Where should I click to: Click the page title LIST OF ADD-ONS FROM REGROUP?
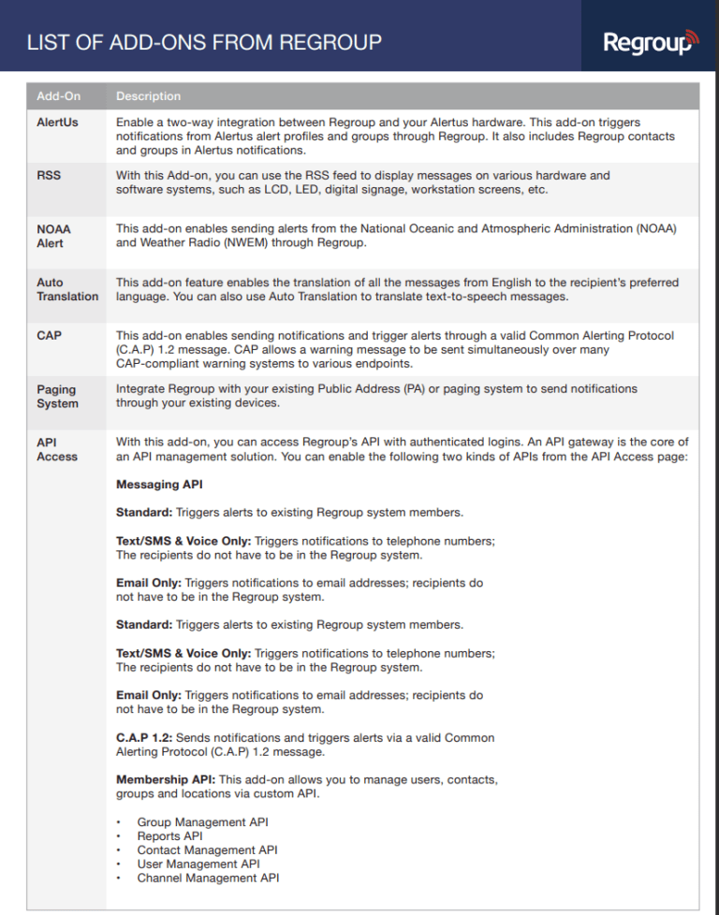point(204,42)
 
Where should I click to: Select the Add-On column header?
point(59,96)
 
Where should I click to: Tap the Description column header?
point(149,96)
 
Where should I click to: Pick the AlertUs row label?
point(57,123)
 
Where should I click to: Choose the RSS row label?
point(49,175)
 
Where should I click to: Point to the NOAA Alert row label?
point(53,236)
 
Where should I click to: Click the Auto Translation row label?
point(66,289)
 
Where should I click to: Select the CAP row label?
point(49,335)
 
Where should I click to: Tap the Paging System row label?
point(56,397)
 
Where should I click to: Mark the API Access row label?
point(56,449)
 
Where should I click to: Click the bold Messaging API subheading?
point(159,485)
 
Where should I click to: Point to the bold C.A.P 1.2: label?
point(144,738)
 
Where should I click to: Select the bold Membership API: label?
point(166,779)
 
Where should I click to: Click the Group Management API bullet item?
point(202,822)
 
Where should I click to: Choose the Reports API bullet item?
point(169,836)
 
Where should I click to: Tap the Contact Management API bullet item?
point(207,850)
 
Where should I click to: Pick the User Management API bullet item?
point(198,864)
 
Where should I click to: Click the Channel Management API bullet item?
point(208,879)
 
